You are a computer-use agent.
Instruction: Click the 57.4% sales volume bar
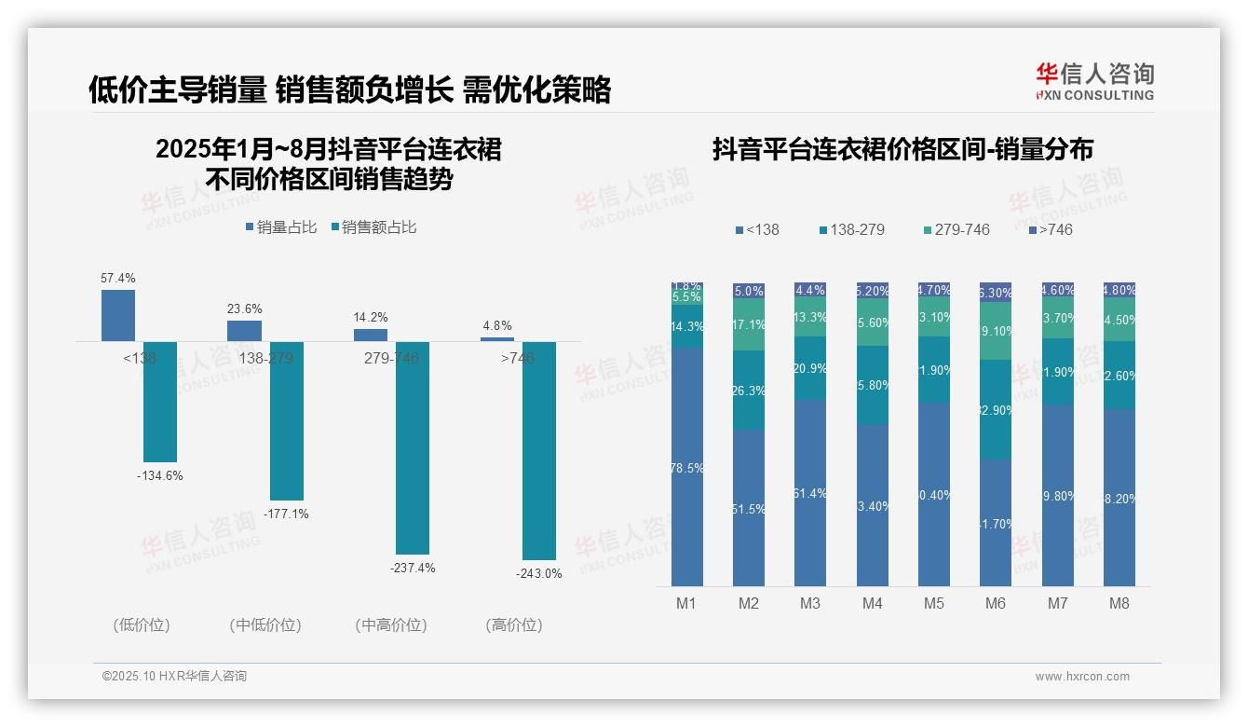118,315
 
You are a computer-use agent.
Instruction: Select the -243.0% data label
539,574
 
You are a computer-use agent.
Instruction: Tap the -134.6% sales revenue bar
160,402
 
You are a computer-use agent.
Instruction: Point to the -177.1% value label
287,514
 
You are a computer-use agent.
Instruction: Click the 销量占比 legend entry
280,227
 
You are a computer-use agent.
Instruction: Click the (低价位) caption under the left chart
142,625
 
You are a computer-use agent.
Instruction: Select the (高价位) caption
514,625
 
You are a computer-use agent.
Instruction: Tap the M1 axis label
686,603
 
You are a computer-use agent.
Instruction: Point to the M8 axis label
1119,603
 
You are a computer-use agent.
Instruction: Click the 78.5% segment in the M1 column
687,467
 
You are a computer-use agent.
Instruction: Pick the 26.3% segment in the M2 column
749,390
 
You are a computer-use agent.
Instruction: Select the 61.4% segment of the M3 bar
810,492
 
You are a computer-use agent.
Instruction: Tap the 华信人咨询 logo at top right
1094,81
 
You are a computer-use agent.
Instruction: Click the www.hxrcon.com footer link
1082,677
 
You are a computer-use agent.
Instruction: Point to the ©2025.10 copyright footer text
174,677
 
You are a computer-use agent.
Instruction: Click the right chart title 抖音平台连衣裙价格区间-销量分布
902,149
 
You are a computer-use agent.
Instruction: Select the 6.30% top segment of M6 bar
996,292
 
